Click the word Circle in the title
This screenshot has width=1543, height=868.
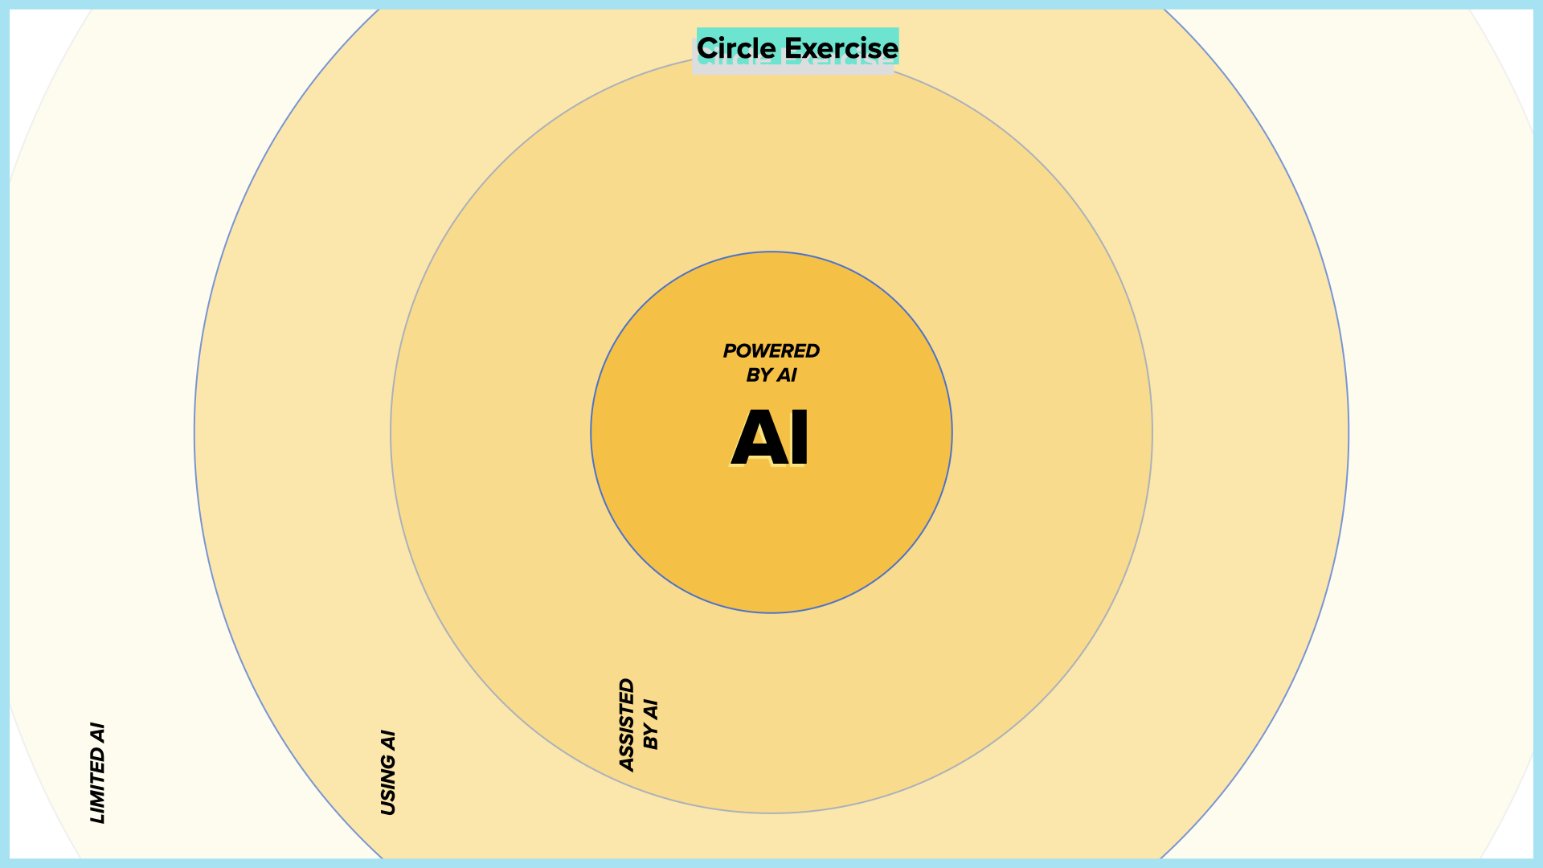[736, 48]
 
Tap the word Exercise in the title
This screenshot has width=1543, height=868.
[841, 48]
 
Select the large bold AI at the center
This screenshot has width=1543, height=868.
[771, 438]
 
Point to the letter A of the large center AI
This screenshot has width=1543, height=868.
[755, 438]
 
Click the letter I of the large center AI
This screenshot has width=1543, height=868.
[799, 438]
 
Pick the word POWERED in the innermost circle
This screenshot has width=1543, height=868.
[771, 351]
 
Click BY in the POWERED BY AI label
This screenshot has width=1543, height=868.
[759, 375]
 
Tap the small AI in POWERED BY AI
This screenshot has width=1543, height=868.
[787, 375]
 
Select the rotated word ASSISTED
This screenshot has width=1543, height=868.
[627, 725]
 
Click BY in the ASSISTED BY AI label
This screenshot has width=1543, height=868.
[651, 738]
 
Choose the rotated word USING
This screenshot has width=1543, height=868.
[388, 785]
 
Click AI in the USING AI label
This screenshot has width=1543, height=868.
[388, 740]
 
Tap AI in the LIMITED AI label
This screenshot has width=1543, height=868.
[97, 733]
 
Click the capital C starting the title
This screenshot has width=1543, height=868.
[707, 48]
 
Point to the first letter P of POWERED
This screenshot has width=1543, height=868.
[730, 351]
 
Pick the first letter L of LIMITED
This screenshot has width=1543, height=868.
[97, 818]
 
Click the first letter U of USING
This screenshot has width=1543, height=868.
[388, 808]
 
